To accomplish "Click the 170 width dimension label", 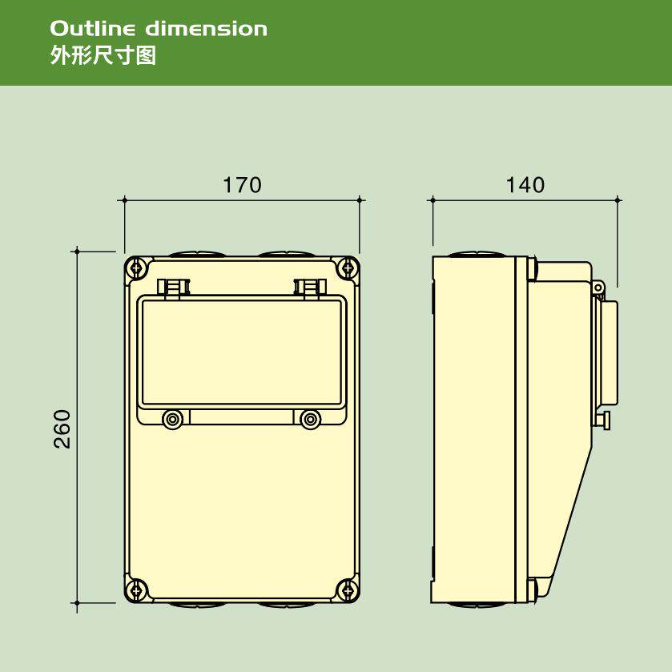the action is [242, 185].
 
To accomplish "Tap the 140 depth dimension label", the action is [525, 185].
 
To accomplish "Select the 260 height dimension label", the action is [62, 429].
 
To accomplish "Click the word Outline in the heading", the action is [93, 29].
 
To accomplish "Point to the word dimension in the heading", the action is [206, 29].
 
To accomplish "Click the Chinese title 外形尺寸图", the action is [103, 56].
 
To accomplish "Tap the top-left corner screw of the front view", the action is [137, 268].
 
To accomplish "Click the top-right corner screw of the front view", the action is [347, 268].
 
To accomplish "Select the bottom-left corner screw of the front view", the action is [137, 590].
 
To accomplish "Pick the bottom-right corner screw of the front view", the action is [347, 590].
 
